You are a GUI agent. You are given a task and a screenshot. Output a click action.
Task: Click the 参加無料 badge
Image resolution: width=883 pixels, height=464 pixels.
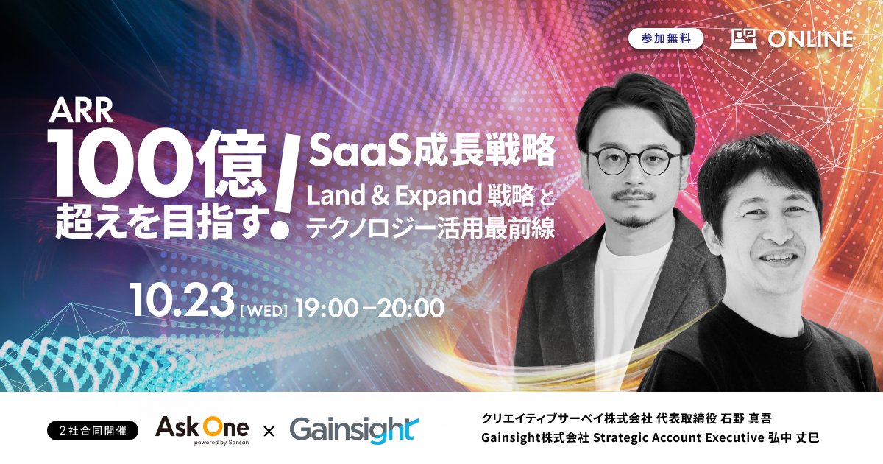click(666, 38)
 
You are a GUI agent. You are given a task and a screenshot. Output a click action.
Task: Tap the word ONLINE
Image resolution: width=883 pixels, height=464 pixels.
click(810, 40)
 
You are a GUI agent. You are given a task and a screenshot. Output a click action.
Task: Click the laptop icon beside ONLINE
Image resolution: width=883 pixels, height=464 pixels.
click(743, 39)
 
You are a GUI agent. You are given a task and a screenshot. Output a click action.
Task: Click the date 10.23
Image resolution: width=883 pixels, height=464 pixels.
click(182, 300)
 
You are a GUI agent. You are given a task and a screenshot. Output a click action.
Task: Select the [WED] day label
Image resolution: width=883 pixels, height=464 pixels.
click(263, 311)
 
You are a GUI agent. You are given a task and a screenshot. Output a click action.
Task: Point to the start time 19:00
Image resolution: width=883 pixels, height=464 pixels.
click(327, 309)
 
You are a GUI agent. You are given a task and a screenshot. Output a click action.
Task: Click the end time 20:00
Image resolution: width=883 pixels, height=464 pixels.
click(411, 309)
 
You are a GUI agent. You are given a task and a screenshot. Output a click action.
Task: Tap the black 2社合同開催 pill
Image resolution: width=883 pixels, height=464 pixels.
click(93, 430)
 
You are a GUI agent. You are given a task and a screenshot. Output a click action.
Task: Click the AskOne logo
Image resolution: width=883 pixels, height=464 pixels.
click(202, 429)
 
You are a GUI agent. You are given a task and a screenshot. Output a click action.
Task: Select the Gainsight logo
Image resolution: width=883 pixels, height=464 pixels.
click(354, 430)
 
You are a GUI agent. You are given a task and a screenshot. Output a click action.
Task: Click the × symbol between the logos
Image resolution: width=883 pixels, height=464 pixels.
click(269, 432)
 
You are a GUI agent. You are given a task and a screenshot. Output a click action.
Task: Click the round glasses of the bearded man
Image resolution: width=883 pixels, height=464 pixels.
click(634, 161)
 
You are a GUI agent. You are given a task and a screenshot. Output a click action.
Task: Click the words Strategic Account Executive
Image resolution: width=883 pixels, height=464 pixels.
click(678, 438)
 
